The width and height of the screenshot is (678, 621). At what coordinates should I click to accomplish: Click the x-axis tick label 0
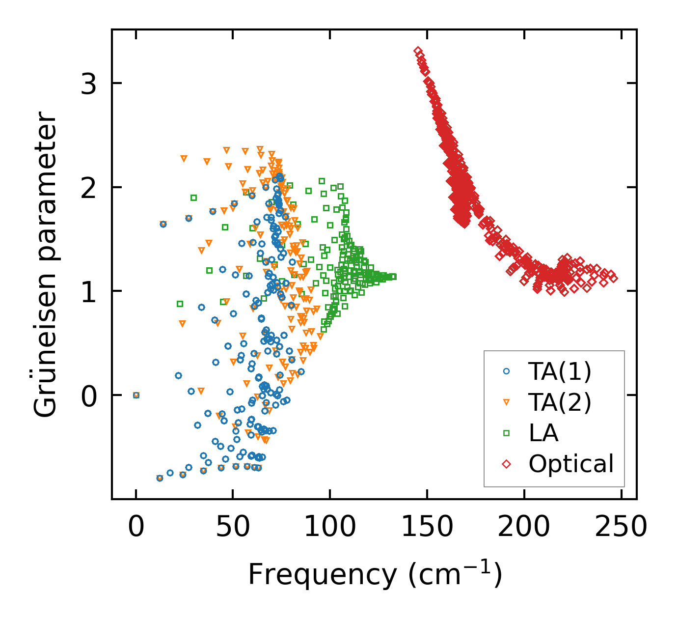point(136,528)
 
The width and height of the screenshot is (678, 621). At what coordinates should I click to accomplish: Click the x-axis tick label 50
point(233,528)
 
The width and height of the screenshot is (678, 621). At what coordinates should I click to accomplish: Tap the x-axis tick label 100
point(330,528)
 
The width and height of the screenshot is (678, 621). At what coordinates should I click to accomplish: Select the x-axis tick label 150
point(427,528)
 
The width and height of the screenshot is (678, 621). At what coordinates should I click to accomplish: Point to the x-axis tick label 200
point(524,528)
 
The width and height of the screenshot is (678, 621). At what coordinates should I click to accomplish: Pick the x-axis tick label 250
point(621,528)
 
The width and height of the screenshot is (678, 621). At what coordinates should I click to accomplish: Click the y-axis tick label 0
point(89,395)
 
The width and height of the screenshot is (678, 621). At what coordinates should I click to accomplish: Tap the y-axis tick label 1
point(89,291)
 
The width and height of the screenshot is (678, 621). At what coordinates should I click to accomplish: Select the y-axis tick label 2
point(89,188)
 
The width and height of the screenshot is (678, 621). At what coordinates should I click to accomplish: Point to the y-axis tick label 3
point(89,84)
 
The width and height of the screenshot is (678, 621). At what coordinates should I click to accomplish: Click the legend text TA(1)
point(560,372)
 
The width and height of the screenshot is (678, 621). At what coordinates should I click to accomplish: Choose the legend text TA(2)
point(560,402)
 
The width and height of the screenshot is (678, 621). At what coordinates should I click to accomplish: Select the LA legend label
point(543,433)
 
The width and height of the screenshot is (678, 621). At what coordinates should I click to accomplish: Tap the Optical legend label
point(571,464)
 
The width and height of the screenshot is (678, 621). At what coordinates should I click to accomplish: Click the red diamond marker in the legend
point(507,464)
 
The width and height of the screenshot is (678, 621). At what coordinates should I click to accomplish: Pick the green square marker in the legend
point(507,433)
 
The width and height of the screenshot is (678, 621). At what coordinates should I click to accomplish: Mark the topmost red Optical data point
point(417,51)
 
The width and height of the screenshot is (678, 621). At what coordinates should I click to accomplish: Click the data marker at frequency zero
point(136,395)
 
